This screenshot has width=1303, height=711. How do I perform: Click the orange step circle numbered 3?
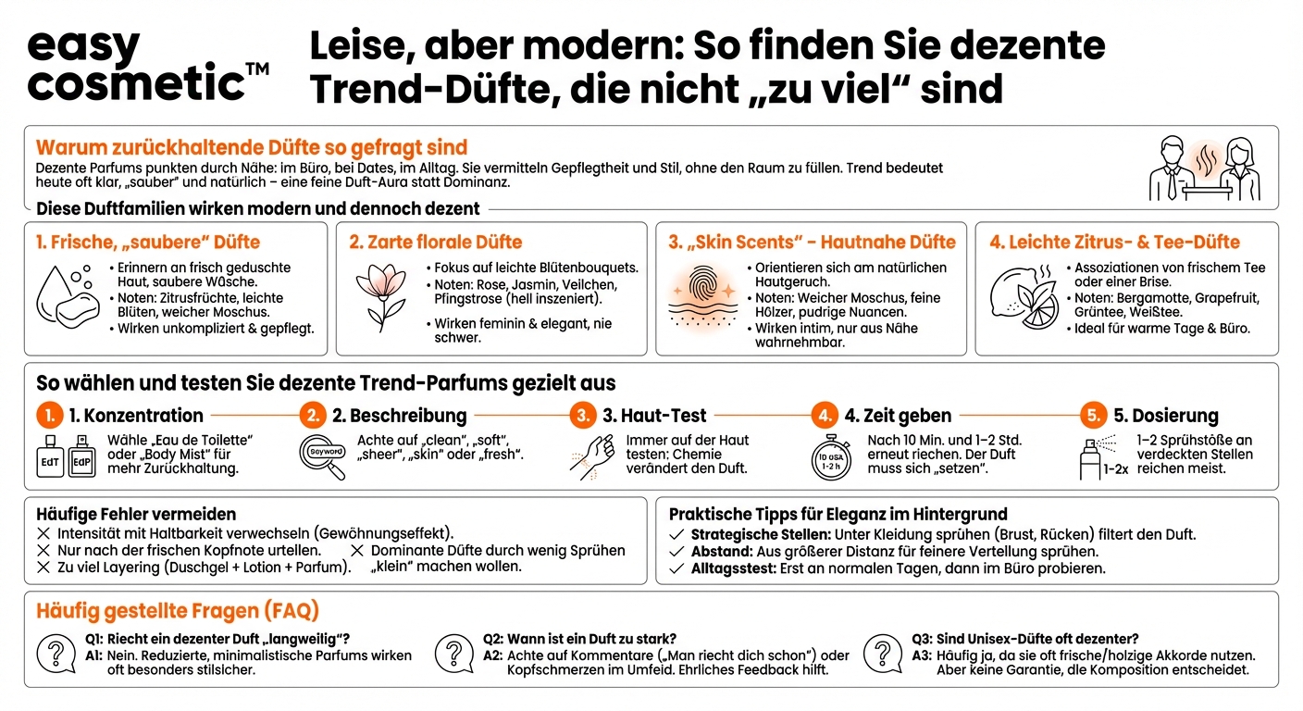click(582, 416)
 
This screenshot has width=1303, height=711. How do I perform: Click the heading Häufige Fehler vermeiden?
click(136, 514)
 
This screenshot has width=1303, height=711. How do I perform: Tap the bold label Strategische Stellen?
click(760, 534)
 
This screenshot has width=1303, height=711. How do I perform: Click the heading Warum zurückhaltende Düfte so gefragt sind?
click(252, 147)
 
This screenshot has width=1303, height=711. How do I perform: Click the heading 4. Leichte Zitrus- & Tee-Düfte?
click(1114, 242)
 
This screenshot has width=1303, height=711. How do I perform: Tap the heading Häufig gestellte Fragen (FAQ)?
click(178, 611)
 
